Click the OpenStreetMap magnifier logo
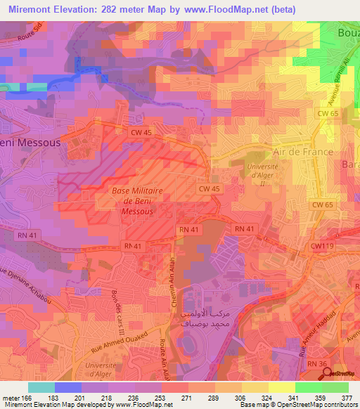coord(328,373)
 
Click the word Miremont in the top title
coord(30,9)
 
